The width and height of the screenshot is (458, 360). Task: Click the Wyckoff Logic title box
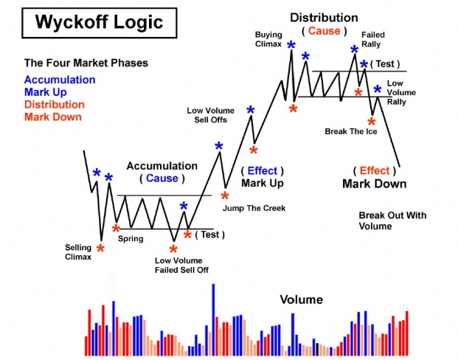pyautogui.click(x=100, y=23)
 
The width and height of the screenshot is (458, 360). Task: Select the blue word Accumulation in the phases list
pyautogui.click(x=60, y=80)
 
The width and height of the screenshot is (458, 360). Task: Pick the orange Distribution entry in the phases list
pyautogui.click(x=55, y=105)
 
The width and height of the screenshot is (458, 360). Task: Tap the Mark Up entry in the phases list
pyautogui.click(x=46, y=92)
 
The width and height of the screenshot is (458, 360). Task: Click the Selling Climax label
pyautogui.click(x=78, y=252)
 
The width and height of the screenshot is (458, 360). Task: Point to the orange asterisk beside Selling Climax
pyautogui.click(x=100, y=249)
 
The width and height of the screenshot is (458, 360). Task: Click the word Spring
pyautogui.click(x=131, y=239)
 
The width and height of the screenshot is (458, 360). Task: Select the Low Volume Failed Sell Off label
pyautogui.click(x=181, y=265)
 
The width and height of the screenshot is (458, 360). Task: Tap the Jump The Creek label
pyautogui.click(x=254, y=208)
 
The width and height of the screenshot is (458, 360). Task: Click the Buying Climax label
pyautogui.click(x=268, y=39)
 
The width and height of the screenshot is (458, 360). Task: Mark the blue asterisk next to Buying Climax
pyautogui.click(x=291, y=45)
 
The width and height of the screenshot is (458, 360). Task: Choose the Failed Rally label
pyautogui.click(x=373, y=39)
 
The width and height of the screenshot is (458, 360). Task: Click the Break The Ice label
pyautogui.click(x=351, y=131)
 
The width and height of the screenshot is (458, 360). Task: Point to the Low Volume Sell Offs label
pyautogui.click(x=211, y=115)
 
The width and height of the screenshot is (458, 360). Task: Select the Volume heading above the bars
pyautogui.click(x=302, y=300)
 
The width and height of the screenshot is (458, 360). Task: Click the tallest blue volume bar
pyautogui.click(x=213, y=319)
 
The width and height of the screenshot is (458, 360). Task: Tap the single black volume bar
pyautogui.click(x=318, y=349)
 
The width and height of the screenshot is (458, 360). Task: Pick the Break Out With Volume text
pyautogui.click(x=392, y=221)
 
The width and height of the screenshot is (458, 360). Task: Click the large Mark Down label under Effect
pyautogui.click(x=375, y=184)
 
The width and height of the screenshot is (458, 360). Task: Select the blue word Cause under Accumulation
pyautogui.click(x=162, y=179)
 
